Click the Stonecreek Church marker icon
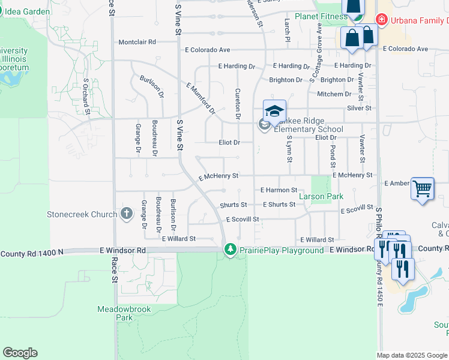click(126, 213)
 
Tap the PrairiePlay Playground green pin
click(230, 249)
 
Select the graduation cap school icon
click(274, 112)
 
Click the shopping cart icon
click(423, 189)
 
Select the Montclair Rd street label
click(137, 42)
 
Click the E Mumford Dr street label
click(200, 98)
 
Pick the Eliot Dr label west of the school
click(229, 143)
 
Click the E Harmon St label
click(279, 190)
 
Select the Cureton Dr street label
click(238, 103)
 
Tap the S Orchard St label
click(86, 96)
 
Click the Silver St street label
click(359, 108)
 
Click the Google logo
click(20, 353)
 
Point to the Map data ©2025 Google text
click(412, 355)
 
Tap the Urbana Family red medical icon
click(381, 20)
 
